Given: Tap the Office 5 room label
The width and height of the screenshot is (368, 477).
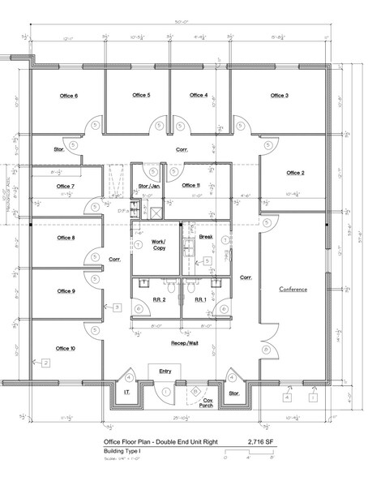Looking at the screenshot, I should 140,95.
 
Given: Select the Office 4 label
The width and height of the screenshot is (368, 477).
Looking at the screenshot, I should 199,95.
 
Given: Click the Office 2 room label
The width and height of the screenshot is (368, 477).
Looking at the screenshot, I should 293,173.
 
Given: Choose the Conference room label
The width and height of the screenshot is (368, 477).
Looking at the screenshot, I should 293,290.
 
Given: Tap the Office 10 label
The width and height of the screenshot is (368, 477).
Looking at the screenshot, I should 66,348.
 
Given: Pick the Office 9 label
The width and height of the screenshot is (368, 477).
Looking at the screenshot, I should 66,291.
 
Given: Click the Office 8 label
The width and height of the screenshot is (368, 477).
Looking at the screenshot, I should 66,238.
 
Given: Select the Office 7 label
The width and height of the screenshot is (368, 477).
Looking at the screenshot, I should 66,186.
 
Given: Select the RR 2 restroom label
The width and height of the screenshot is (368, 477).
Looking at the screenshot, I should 159,299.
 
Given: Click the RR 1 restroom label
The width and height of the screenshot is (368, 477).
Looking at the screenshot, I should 199,299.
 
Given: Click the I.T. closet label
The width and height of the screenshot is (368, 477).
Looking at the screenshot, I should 126,393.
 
